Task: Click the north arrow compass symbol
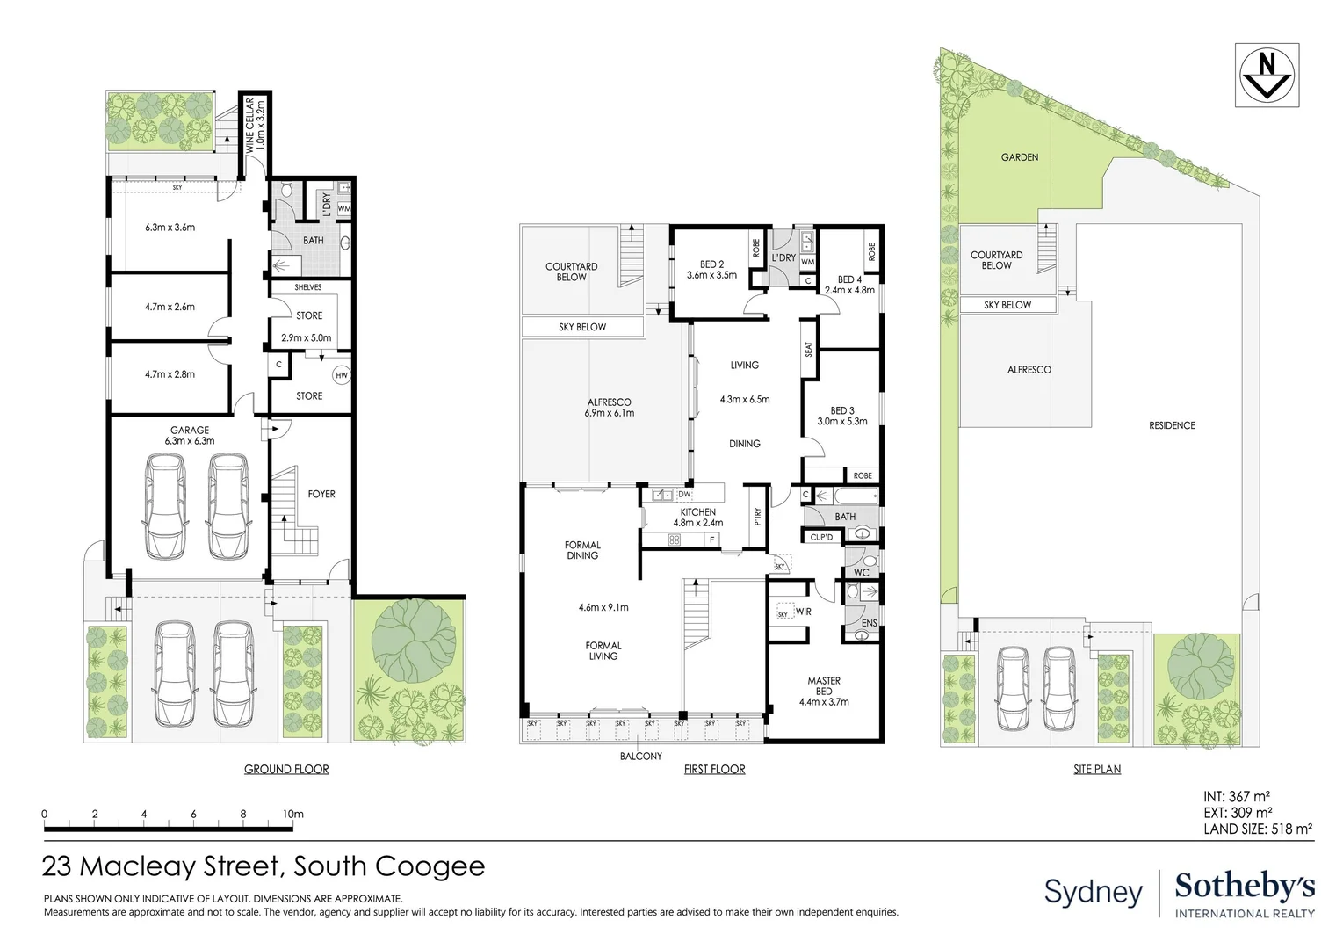1266,75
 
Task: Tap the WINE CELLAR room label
255,124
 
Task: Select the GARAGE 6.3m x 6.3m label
189,436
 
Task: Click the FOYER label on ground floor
321,494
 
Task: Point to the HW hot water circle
342,375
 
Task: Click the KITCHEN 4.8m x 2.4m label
697,518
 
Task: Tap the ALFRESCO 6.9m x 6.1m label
610,408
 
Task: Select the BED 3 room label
841,416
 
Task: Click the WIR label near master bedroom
803,611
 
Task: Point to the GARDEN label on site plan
1020,157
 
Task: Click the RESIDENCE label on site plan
1172,425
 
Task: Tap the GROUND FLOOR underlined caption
286,769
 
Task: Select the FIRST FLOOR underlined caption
714,769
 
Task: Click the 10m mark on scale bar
292,815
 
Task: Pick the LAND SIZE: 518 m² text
1257,828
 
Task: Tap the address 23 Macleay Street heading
264,866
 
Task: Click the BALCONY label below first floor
641,756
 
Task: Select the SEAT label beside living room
809,349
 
